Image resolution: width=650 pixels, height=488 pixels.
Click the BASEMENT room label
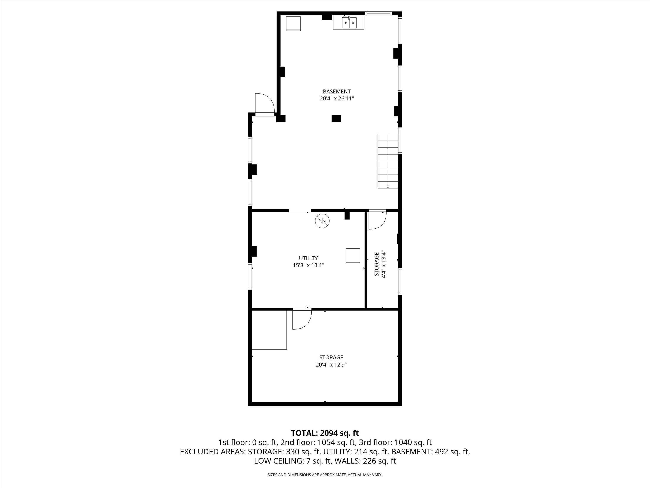[x=337, y=92]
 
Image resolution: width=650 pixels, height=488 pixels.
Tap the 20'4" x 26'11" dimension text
[x=337, y=98]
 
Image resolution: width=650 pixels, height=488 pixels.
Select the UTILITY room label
[x=308, y=258]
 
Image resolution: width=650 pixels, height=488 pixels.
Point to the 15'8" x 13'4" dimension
[x=308, y=265]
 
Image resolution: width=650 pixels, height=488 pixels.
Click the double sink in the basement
[x=349, y=22]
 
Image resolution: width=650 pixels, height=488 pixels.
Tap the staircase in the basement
[x=388, y=161]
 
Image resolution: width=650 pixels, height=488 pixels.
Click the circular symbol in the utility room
[x=322, y=221]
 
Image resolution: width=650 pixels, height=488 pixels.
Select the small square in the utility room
[x=353, y=255]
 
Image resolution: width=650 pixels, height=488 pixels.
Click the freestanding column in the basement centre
[x=336, y=118]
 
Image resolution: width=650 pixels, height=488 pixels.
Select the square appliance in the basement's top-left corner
[x=294, y=23]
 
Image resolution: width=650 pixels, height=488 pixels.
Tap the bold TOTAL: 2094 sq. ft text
[x=325, y=433]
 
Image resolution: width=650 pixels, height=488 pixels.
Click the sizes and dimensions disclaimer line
[x=325, y=475]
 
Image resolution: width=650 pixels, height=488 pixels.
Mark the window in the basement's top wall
[x=379, y=13]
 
